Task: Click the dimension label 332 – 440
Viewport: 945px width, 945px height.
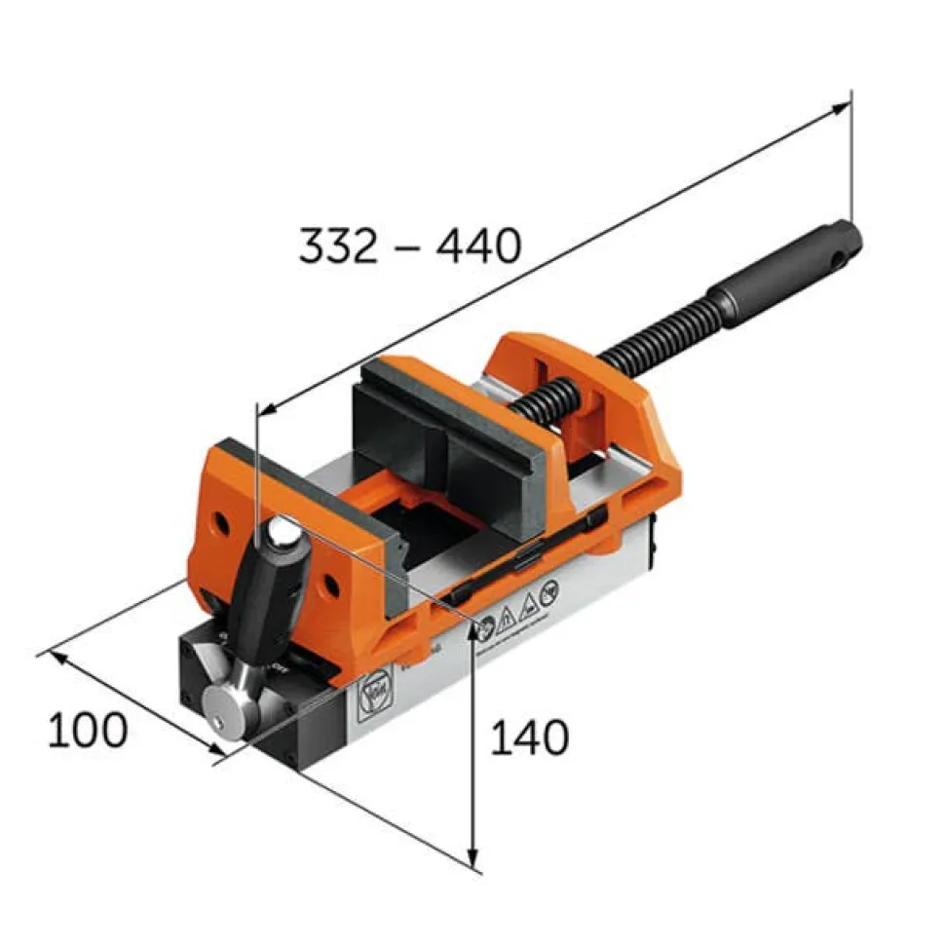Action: (x=409, y=247)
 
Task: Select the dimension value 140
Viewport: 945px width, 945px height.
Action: (x=528, y=738)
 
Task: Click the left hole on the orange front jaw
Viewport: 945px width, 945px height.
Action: (x=222, y=524)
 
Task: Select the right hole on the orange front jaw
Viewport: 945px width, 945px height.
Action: (x=332, y=584)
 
